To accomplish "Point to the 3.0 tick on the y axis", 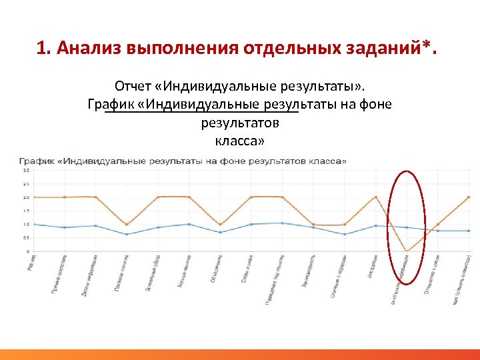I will point(26,170).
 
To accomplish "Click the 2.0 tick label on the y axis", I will point(26,197).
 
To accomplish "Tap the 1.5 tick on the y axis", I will point(26,211).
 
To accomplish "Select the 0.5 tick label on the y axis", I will point(26,238).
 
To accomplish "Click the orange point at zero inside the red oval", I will point(406,251).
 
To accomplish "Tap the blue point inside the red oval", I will point(406,227).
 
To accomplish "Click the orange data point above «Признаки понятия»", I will point(127,224).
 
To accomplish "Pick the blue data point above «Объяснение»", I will point(220,232).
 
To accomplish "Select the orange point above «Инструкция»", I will point(375,197).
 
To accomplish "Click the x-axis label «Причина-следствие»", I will point(59,273).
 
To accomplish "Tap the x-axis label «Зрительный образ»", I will point(152,272).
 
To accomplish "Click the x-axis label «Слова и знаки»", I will point(246,270).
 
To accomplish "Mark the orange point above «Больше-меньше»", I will point(189,197).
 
